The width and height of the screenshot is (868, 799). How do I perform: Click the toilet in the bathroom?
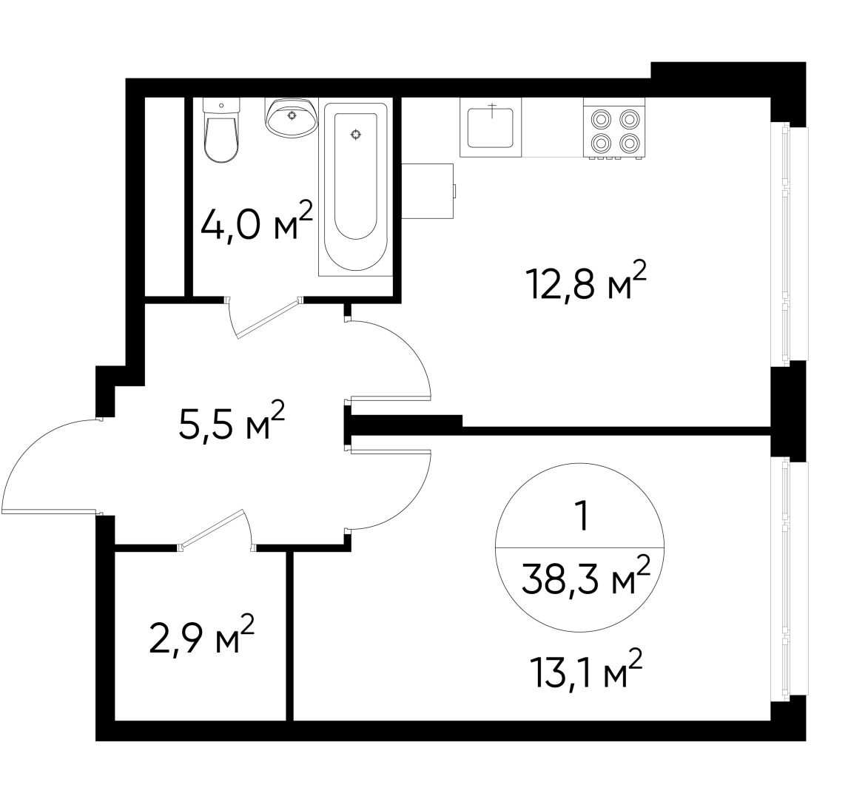[x=221, y=133]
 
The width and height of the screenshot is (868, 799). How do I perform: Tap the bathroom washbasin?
[x=292, y=118]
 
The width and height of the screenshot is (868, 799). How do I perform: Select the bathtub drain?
[x=357, y=134]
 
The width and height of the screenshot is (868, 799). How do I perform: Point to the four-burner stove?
[x=613, y=129]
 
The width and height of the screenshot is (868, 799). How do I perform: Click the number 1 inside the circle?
[x=582, y=516]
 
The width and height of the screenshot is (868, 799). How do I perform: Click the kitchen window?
[x=790, y=244]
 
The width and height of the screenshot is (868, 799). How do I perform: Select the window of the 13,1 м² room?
[x=790, y=577]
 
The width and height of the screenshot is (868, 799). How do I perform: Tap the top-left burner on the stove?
[x=599, y=118]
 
